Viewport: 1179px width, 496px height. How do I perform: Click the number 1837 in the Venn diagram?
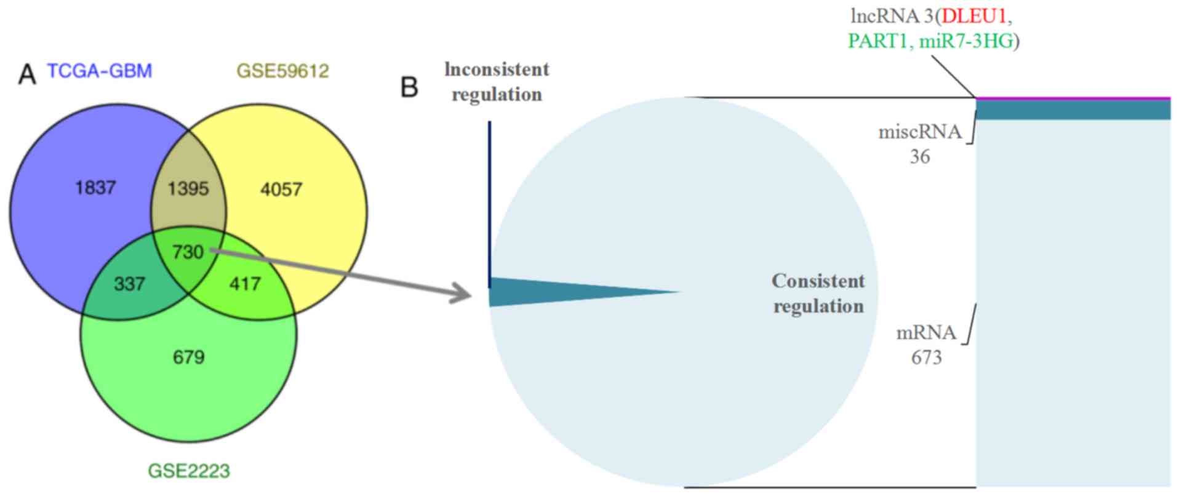[95, 188]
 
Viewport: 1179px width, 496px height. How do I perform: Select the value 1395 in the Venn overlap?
[188, 188]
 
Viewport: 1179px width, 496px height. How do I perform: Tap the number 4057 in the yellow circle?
[281, 189]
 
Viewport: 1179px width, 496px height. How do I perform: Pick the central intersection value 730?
[188, 252]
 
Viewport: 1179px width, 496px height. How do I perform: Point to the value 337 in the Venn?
[129, 284]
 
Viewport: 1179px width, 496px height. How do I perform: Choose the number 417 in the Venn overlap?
[245, 284]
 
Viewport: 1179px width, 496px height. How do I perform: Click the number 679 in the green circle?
[188, 357]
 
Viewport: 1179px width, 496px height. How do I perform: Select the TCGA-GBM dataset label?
[100, 71]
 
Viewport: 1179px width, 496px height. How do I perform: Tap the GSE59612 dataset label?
[283, 71]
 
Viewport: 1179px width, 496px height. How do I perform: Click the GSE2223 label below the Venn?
[189, 471]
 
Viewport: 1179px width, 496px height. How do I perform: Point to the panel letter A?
[27, 75]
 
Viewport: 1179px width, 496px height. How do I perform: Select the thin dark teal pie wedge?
[554, 292]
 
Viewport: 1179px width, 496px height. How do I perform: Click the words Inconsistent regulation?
[497, 82]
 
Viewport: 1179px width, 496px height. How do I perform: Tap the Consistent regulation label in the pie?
[818, 294]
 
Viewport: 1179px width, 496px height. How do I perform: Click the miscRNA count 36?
[920, 157]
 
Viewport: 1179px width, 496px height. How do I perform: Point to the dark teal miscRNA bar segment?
[1073, 110]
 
